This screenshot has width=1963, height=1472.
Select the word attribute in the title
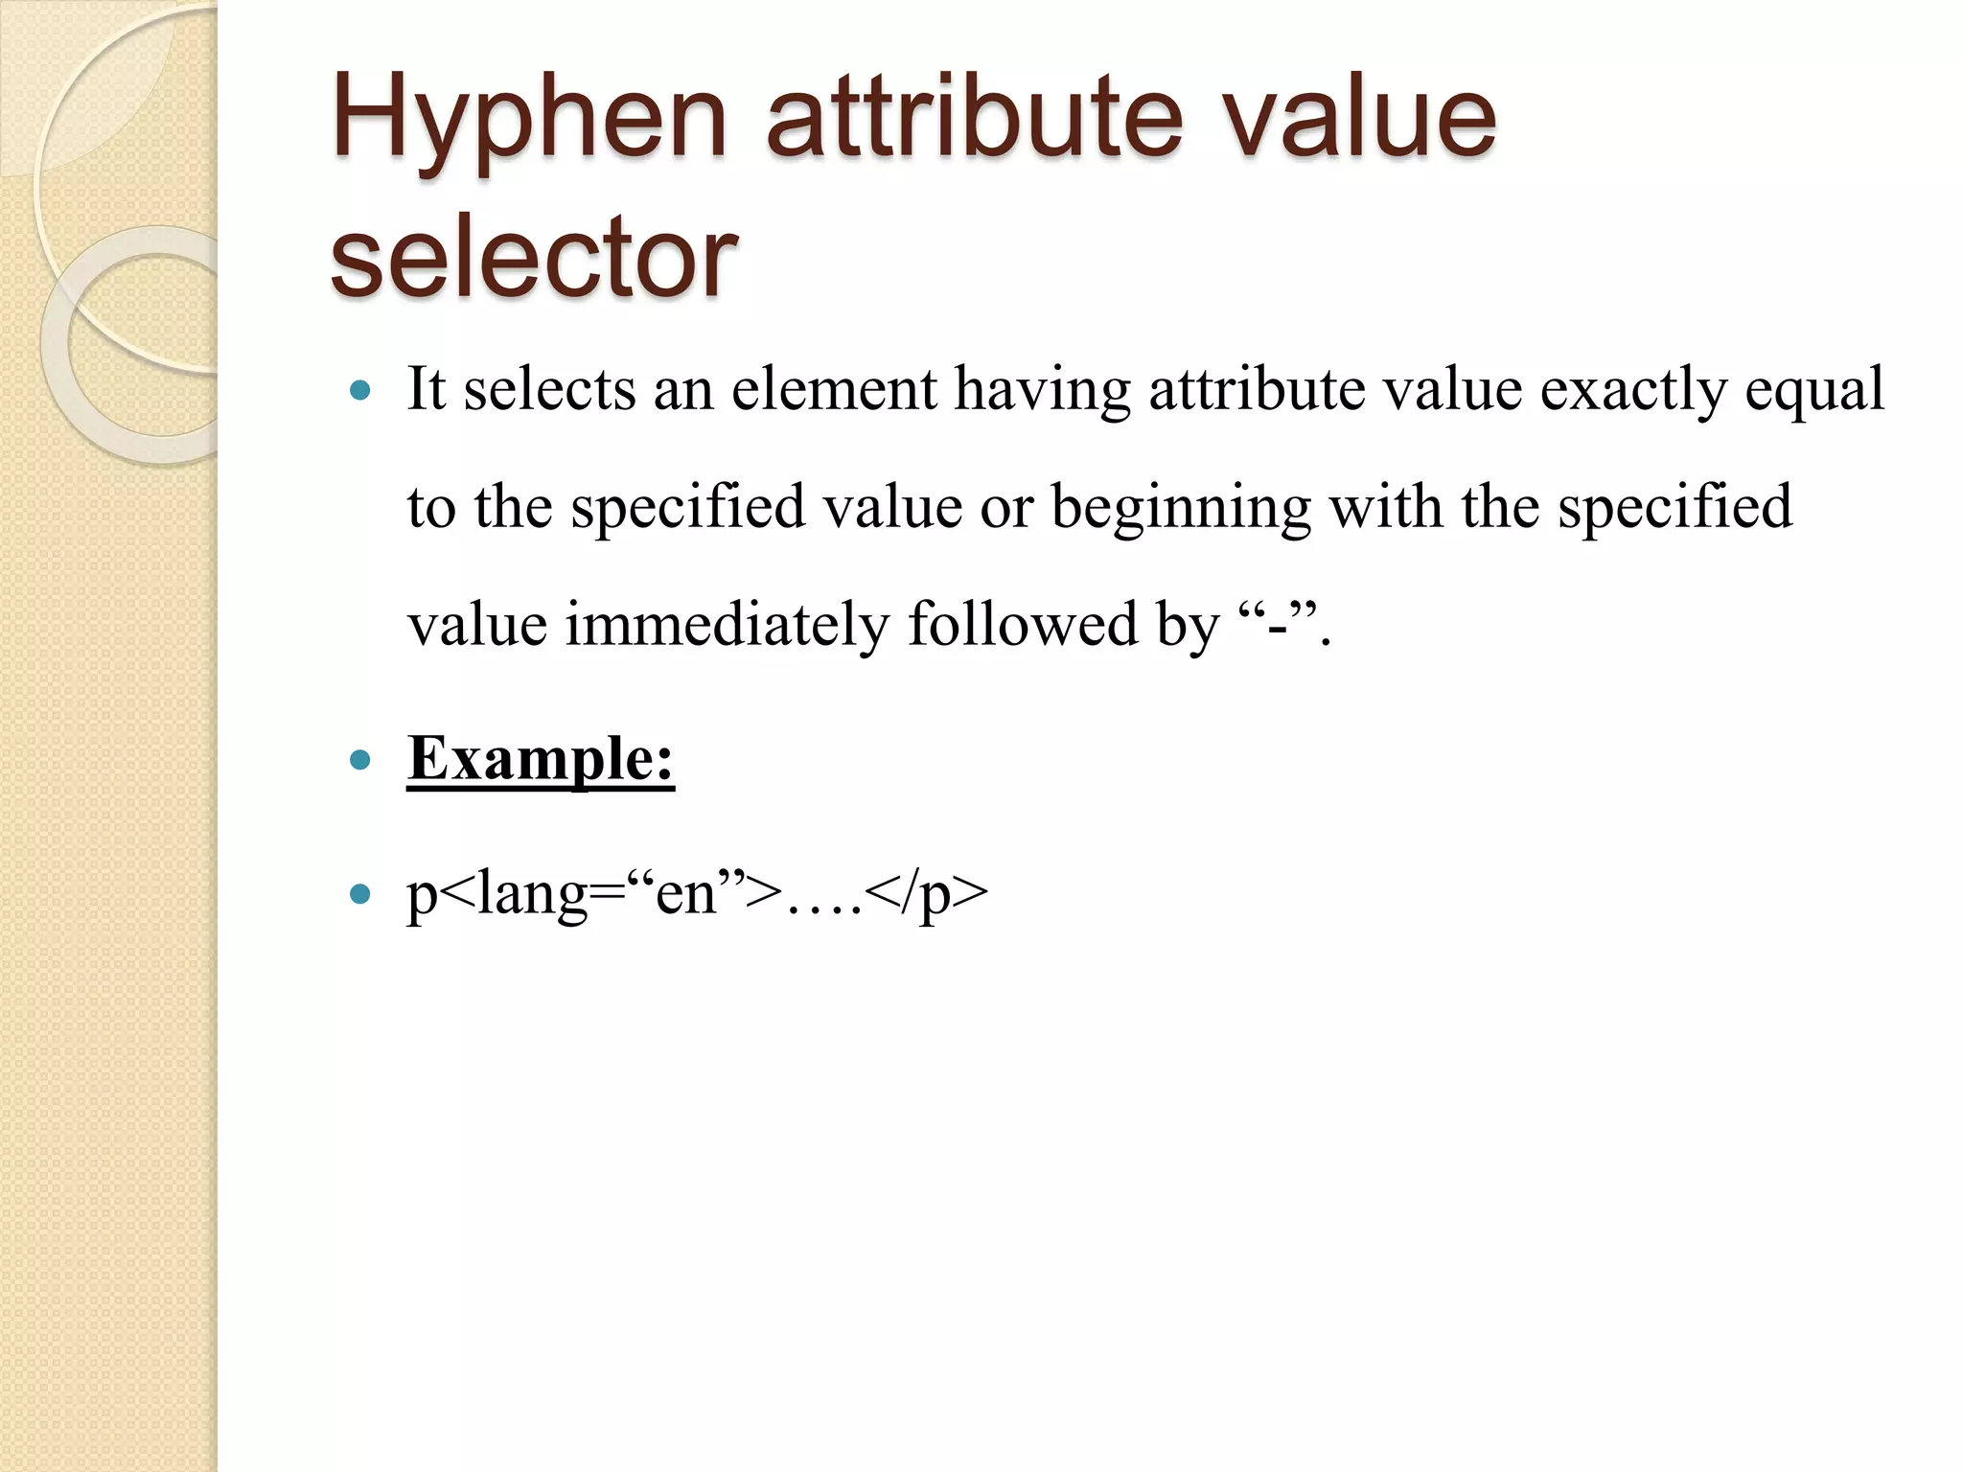[x=974, y=120]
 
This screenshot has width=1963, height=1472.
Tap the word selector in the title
[x=533, y=257]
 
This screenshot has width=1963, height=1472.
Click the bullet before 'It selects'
[x=360, y=391]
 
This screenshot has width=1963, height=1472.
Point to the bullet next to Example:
[x=360, y=761]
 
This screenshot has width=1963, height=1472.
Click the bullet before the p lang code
[x=360, y=895]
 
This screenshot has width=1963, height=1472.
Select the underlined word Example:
[x=541, y=759]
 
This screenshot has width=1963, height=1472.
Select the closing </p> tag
[x=926, y=895]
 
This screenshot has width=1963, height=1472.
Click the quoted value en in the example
[x=686, y=895]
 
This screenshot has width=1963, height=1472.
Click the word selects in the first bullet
[x=550, y=391]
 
